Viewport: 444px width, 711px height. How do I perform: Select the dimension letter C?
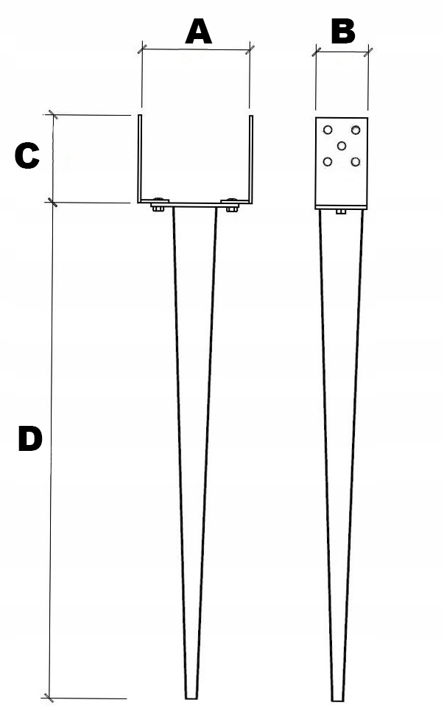click(27, 156)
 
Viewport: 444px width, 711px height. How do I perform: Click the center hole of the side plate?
click(342, 145)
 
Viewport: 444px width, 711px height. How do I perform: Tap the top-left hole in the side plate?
click(327, 130)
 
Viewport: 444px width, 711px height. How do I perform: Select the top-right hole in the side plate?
click(356, 130)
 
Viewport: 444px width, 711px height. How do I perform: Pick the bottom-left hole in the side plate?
click(327, 161)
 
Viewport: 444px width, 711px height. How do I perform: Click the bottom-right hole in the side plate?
click(356, 161)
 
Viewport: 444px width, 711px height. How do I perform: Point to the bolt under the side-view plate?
click(341, 212)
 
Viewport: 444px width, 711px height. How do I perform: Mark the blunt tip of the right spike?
click(337, 696)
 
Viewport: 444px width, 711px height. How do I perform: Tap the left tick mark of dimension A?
click(142, 50)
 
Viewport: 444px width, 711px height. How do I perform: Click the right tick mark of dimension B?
click(368, 51)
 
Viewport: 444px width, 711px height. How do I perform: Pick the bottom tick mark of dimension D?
click(49, 697)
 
